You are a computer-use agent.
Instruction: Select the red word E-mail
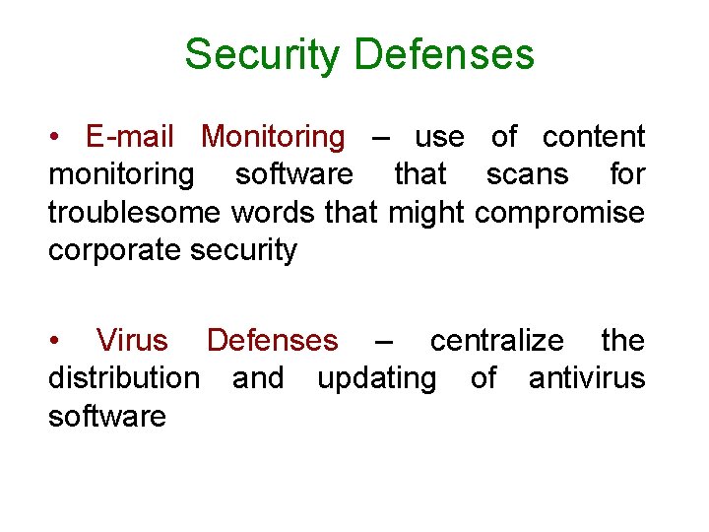pyautogui.click(x=129, y=137)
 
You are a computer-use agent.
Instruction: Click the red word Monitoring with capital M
pyautogui.click(x=273, y=137)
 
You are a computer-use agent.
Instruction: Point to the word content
pyautogui.click(x=594, y=137)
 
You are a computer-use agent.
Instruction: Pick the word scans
pyautogui.click(x=527, y=174)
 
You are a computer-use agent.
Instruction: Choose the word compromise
pyautogui.click(x=559, y=213)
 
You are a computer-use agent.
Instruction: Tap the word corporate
pyautogui.click(x=106, y=250)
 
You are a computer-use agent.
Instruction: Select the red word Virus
pyautogui.click(x=132, y=341)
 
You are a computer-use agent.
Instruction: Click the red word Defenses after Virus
pyautogui.click(x=272, y=341)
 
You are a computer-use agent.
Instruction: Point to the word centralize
pyautogui.click(x=497, y=341)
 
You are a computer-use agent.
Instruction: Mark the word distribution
pyautogui.click(x=123, y=378)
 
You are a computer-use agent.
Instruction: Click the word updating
pyautogui.click(x=376, y=378)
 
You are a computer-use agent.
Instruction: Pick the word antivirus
pyautogui.click(x=587, y=378)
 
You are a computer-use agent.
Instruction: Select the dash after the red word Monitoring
pyautogui.click(x=380, y=138)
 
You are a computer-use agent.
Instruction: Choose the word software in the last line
pyautogui.click(x=106, y=416)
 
